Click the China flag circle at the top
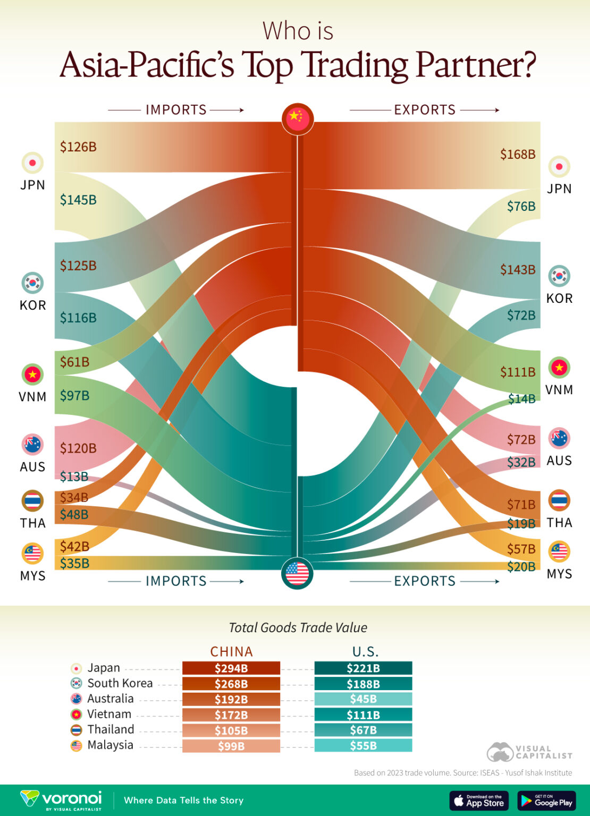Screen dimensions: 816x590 coord(298,118)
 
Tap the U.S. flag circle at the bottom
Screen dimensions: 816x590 coord(297,574)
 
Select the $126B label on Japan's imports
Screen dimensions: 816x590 coord(78,147)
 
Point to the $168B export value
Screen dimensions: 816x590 coord(517,154)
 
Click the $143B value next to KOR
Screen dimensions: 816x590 coord(517,269)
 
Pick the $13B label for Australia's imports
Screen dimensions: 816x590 coord(74,477)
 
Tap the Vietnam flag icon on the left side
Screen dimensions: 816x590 coord(32,375)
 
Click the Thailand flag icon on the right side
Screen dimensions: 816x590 coord(559,500)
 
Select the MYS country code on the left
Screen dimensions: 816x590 coord(33,576)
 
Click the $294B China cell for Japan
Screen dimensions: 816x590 coord(231,668)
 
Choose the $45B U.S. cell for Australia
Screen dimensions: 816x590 coord(363,699)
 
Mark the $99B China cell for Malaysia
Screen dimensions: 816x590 coord(231,746)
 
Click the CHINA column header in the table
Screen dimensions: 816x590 coord(231,651)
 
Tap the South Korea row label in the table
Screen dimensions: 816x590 coord(120,683)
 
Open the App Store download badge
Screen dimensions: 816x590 coord(479,801)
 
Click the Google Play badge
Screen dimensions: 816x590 coord(546,801)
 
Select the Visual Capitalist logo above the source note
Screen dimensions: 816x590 coord(529,752)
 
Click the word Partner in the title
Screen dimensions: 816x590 coord(475,65)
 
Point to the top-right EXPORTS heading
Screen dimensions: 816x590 coord(424,110)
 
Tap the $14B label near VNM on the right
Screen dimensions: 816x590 coord(521,399)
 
